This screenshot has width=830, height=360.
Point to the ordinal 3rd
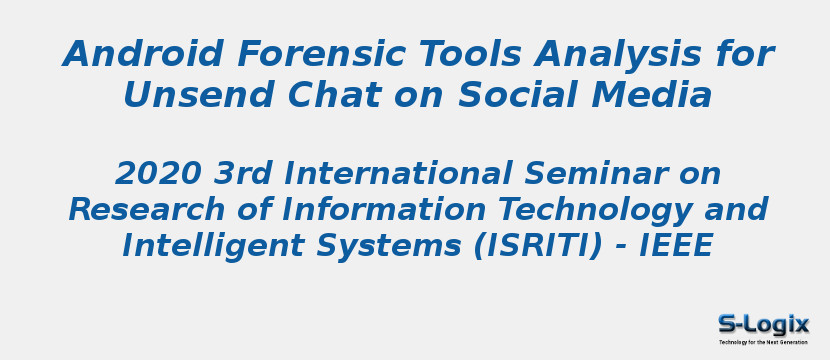244,174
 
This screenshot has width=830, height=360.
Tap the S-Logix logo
764,328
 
